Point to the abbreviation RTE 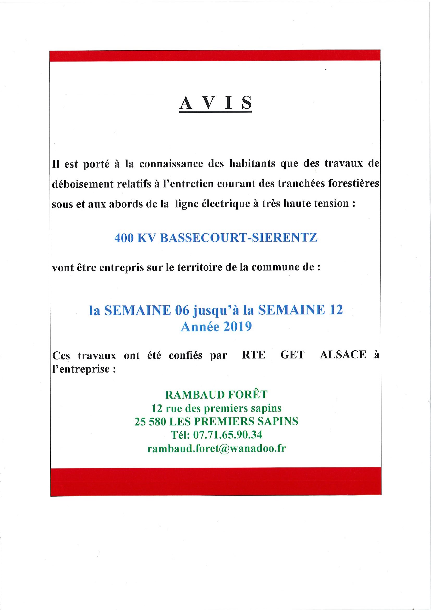(x=254, y=355)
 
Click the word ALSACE (x=343, y=355)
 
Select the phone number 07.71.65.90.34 (x=227, y=435)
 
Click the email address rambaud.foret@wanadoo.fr (x=217, y=448)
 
